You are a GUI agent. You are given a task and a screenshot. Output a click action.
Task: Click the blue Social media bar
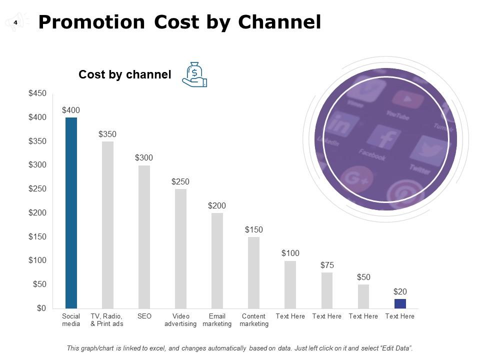click(71, 212)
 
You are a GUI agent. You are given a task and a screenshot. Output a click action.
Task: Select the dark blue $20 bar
click(400, 303)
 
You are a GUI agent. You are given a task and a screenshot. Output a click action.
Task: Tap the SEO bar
click(144, 236)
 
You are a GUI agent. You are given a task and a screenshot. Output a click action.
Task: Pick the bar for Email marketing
click(217, 260)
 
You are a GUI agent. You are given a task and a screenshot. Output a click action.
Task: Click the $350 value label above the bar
click(107, 134)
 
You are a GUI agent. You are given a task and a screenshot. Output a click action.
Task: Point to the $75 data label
click(327, 265)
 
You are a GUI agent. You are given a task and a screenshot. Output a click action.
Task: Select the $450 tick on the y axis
click(37, 93)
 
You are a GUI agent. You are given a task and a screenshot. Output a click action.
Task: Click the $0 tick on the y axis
click(40, 308)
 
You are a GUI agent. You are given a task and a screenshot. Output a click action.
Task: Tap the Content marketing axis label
click(253, 320)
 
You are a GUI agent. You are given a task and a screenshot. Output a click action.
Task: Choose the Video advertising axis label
click(180, 320)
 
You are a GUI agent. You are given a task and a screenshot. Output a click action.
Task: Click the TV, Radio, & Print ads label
click(107, 320)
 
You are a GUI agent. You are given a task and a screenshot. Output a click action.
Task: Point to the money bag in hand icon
click(194, 75)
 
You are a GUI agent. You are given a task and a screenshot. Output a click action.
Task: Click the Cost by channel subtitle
click(124, 75)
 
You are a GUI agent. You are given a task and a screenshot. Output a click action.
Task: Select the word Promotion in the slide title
click(91, 22)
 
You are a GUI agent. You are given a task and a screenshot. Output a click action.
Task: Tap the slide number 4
click(15, 22)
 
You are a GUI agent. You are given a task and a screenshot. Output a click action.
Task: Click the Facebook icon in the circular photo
click(385, 139)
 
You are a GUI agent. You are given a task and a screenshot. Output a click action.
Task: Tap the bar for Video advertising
click(180, 248)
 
